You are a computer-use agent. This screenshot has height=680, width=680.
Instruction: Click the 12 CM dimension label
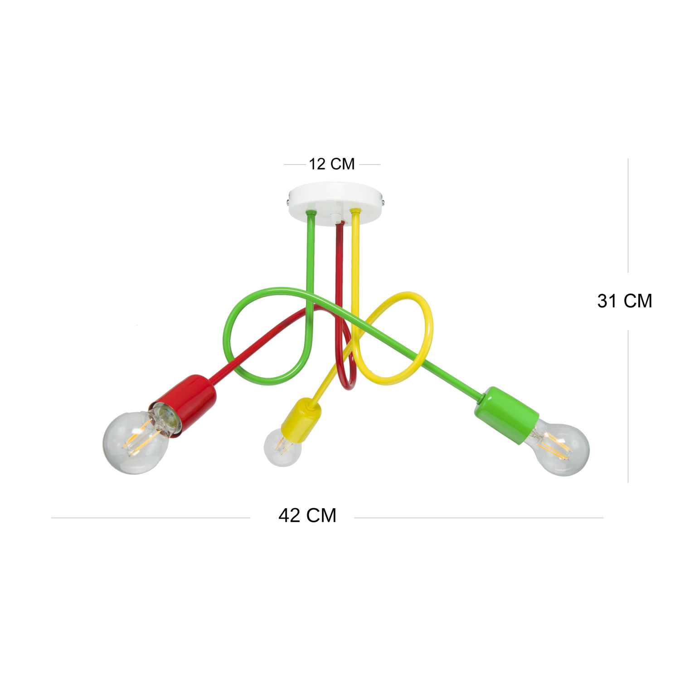[331, 164]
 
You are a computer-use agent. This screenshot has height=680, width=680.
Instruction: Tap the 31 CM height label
[625, 301]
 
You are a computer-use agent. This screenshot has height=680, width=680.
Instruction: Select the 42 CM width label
[307, 515]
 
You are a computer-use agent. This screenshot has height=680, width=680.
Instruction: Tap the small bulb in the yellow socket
[282, 448]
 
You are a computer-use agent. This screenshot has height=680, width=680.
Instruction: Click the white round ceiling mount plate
[335, 203]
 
